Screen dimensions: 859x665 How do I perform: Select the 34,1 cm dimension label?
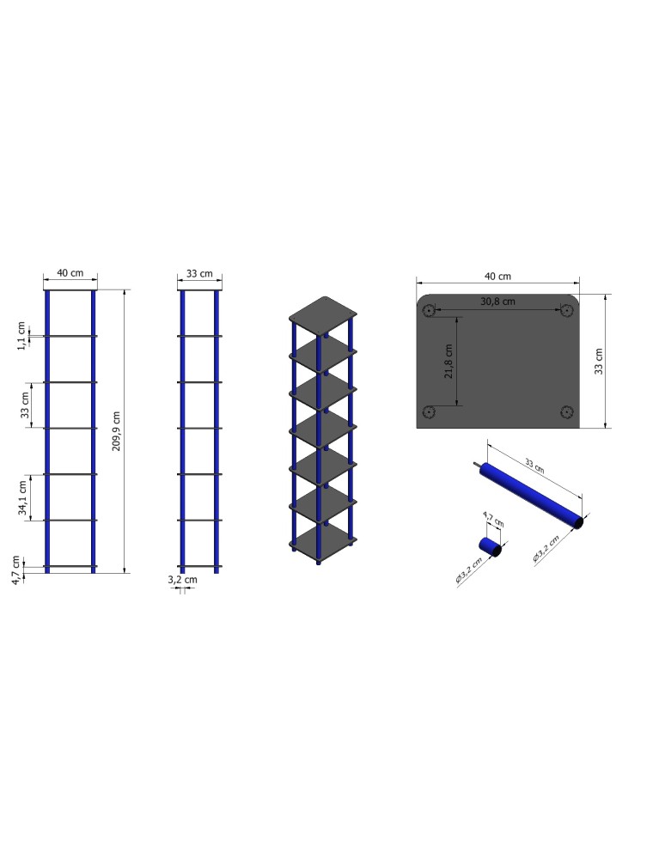[24, 497]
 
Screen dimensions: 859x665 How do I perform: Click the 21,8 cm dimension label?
[448, 361]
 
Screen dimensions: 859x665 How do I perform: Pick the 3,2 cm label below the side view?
[182, 580]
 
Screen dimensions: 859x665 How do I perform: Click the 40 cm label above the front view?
[70, 273]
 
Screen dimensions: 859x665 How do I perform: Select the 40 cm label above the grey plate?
[497, 277]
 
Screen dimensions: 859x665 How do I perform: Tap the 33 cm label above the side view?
[199, 273]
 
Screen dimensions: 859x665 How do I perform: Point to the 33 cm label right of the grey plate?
[600, 361]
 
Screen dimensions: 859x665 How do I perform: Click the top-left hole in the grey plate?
[430, 309]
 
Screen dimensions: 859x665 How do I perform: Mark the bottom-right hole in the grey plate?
[564, 411]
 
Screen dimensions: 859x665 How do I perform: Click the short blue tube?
[490, 546]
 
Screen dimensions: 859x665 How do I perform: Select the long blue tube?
[533, 496]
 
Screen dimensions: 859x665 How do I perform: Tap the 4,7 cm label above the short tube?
[492, 521]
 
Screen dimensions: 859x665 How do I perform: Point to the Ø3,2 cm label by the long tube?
[546, 548]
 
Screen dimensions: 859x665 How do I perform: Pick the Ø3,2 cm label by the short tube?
[467, 569]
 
